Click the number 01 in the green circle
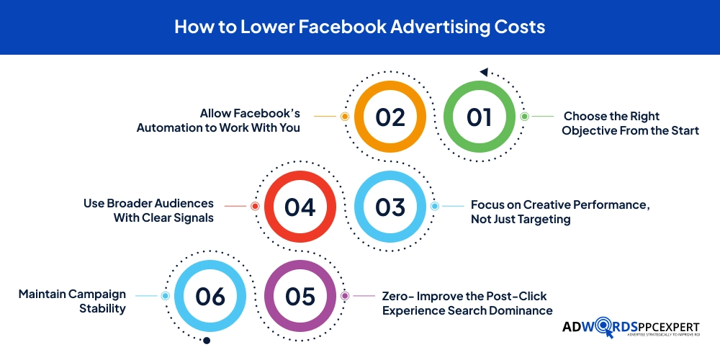click(x=479, y=117)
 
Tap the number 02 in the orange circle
click(x=390, y=117)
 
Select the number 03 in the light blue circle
click(x=390, y=207)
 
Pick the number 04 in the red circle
click(x=300, y=207)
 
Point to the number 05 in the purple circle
click(x=300, y=297)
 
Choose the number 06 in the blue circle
click(x=210, y=297)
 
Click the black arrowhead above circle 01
click(x=484, y=72)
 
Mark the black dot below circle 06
click(x=207, y=341)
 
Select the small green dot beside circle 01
click(x=524, y=116)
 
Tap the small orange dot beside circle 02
click(x=345, y=116)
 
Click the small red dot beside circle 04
click(x=255, y=206)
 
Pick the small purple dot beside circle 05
click(x=345, y=296)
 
